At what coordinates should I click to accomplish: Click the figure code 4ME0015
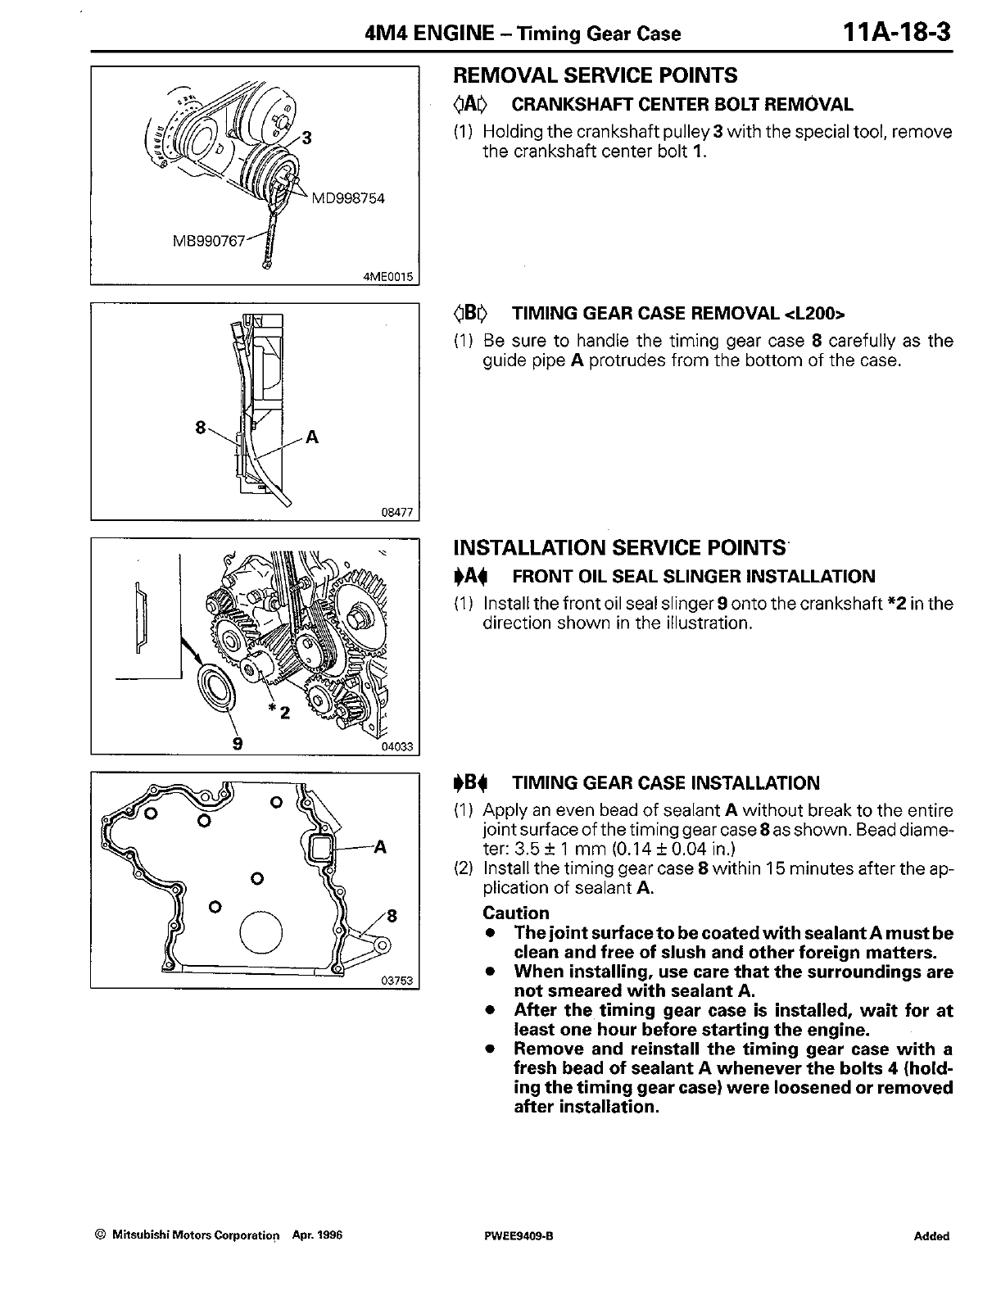[390, 277]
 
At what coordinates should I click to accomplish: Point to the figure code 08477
[400, 514]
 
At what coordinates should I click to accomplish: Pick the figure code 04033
[400, 746]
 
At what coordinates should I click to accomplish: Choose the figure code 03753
[400, 982]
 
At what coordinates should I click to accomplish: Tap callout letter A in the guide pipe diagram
[311, 437]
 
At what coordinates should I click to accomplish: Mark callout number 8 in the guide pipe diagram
[200, 427]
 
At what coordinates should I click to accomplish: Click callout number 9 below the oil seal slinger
[238, 744]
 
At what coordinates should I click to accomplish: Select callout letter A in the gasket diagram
[379, 847]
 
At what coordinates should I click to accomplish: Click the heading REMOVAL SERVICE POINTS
[596, 75]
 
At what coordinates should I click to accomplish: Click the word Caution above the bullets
[516, 913]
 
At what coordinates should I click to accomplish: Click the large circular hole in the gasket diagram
[261, 934]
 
